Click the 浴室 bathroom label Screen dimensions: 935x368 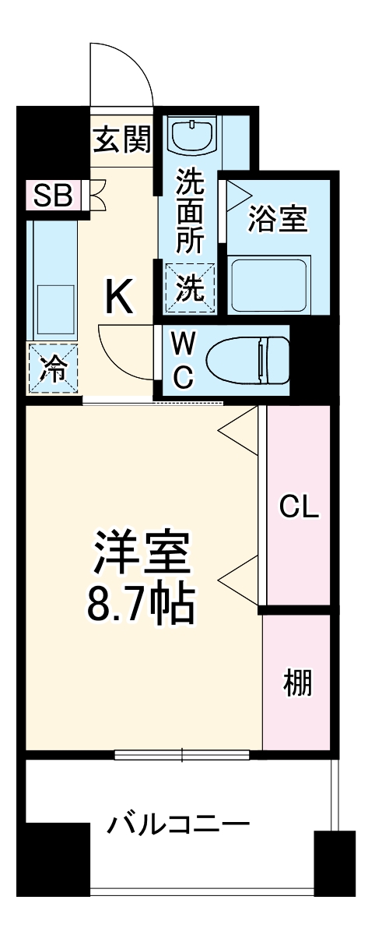(x=278, y=221)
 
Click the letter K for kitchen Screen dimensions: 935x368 (x=120, y=296)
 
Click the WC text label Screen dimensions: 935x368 (x=182, y=360)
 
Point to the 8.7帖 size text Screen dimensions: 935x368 (x=140, y=601)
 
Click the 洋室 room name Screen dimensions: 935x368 (x=141, y=552)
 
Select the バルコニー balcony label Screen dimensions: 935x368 (x=178, y=824)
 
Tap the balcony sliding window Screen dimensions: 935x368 (x=182, y=754)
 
